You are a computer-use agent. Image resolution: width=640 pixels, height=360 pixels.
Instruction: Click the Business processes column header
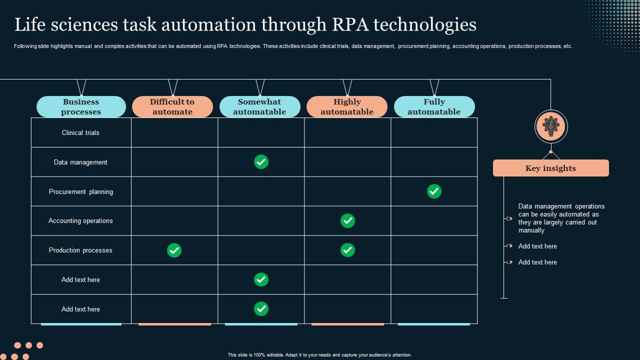(x=81, y=107)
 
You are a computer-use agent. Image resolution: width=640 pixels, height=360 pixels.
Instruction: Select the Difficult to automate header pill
(x=172, y=107)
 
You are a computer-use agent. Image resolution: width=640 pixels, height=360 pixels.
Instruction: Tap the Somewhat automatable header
(x=259, y=107)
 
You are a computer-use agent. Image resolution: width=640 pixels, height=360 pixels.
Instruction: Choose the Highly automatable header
(x=347, y=107)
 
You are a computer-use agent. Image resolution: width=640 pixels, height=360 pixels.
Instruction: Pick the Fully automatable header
(x=434, y=107)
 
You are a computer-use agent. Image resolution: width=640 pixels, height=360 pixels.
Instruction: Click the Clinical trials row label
(x=80, y=133)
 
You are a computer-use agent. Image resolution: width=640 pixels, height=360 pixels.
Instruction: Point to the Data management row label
(x=80, y=162)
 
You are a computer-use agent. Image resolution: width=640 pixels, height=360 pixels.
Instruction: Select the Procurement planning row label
(x=80, y=192)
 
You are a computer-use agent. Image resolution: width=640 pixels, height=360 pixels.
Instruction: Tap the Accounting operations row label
(x=80, y=221)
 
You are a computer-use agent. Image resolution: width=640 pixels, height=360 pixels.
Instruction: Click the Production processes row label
(x=80, y=250)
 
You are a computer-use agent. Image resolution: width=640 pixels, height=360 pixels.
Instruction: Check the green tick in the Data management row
(x=261, y=162)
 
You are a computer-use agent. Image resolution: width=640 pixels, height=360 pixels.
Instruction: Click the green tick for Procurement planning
(x=434, y=191)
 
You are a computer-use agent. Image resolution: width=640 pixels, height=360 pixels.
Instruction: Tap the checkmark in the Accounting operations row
(x=347, y=220)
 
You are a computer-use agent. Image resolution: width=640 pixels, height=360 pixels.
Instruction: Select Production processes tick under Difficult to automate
(x=174, y=250)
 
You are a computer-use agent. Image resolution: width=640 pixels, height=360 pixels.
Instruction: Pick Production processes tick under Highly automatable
(x=347, y=250)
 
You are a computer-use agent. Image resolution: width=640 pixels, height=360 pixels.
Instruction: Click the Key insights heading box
(x=550, y=168)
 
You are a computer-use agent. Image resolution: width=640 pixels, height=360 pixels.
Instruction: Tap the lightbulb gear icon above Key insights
(x=550, y=126)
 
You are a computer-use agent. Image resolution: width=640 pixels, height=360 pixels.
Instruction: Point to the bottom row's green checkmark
(x=261, y=309)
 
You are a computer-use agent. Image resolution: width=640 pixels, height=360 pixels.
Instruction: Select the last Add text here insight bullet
(x=537, y=262)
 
